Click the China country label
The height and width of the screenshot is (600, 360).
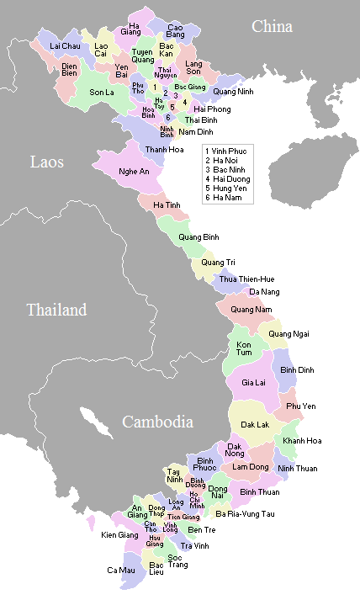(x=273, y=27)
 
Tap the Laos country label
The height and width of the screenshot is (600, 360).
(x=47, y=162)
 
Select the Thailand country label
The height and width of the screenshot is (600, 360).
(x=56, y=310)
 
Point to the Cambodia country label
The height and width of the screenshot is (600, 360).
(x=157, y=422)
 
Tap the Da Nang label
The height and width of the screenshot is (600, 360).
(x=263, y=292)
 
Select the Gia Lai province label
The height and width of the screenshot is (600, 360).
(x=253, y=382)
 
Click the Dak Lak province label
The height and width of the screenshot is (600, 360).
(x=255, y=425)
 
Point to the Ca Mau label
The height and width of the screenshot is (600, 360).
(x=120, y=570)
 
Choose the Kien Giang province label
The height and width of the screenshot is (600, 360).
(x=120, y=534)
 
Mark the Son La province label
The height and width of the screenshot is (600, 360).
(x=101, y=92)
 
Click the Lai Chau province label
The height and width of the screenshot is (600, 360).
(x=65, y=45)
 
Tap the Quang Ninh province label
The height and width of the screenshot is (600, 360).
(x=233, y=91)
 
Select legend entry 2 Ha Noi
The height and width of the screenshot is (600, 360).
(x=225, y=159)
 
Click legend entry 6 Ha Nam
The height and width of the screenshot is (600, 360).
(x=225, y=199)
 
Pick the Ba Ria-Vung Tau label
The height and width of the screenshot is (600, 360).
(x=245, y=513)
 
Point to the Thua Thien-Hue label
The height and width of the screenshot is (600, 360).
(x=247, y=279)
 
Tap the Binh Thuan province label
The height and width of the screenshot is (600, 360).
(x=259, y=491)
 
